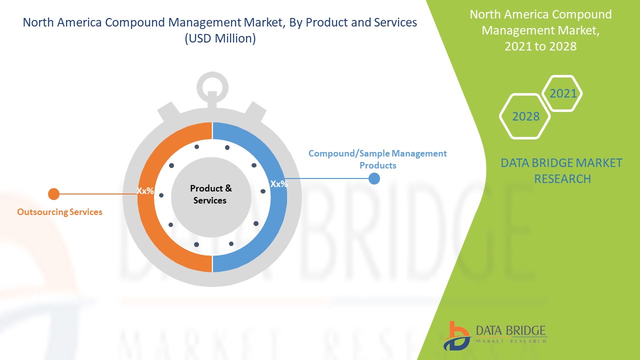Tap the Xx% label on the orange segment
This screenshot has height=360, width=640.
[x=145, y=191]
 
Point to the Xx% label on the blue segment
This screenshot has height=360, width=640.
[x=279, y=184]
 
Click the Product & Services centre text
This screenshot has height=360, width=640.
[x=210, y=194]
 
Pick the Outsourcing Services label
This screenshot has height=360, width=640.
[x=59, y=212]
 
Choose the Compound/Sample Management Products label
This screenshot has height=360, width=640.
[x=377, y=159]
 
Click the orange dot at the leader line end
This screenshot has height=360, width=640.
[x=53, y=194]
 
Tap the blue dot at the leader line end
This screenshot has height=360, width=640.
[x=374, y=178]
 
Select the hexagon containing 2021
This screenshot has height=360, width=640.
[x=562, y=93]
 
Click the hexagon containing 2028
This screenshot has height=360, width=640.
[x=525, y=116]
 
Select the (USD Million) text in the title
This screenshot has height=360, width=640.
[x=220, y=38]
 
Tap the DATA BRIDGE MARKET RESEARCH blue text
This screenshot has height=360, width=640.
[x=561, y=170]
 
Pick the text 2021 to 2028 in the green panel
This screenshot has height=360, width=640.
[x=540, y=46]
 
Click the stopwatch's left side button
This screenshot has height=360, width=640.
[x=167, y=112]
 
